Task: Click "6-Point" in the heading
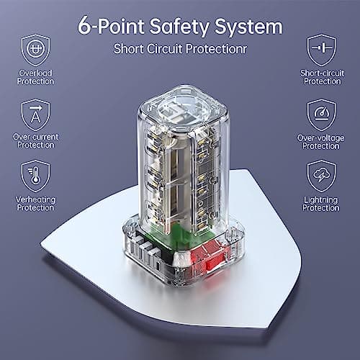(x=108, y=28)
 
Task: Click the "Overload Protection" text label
(x=35, y=77)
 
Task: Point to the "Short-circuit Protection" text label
(x=320, y=77)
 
